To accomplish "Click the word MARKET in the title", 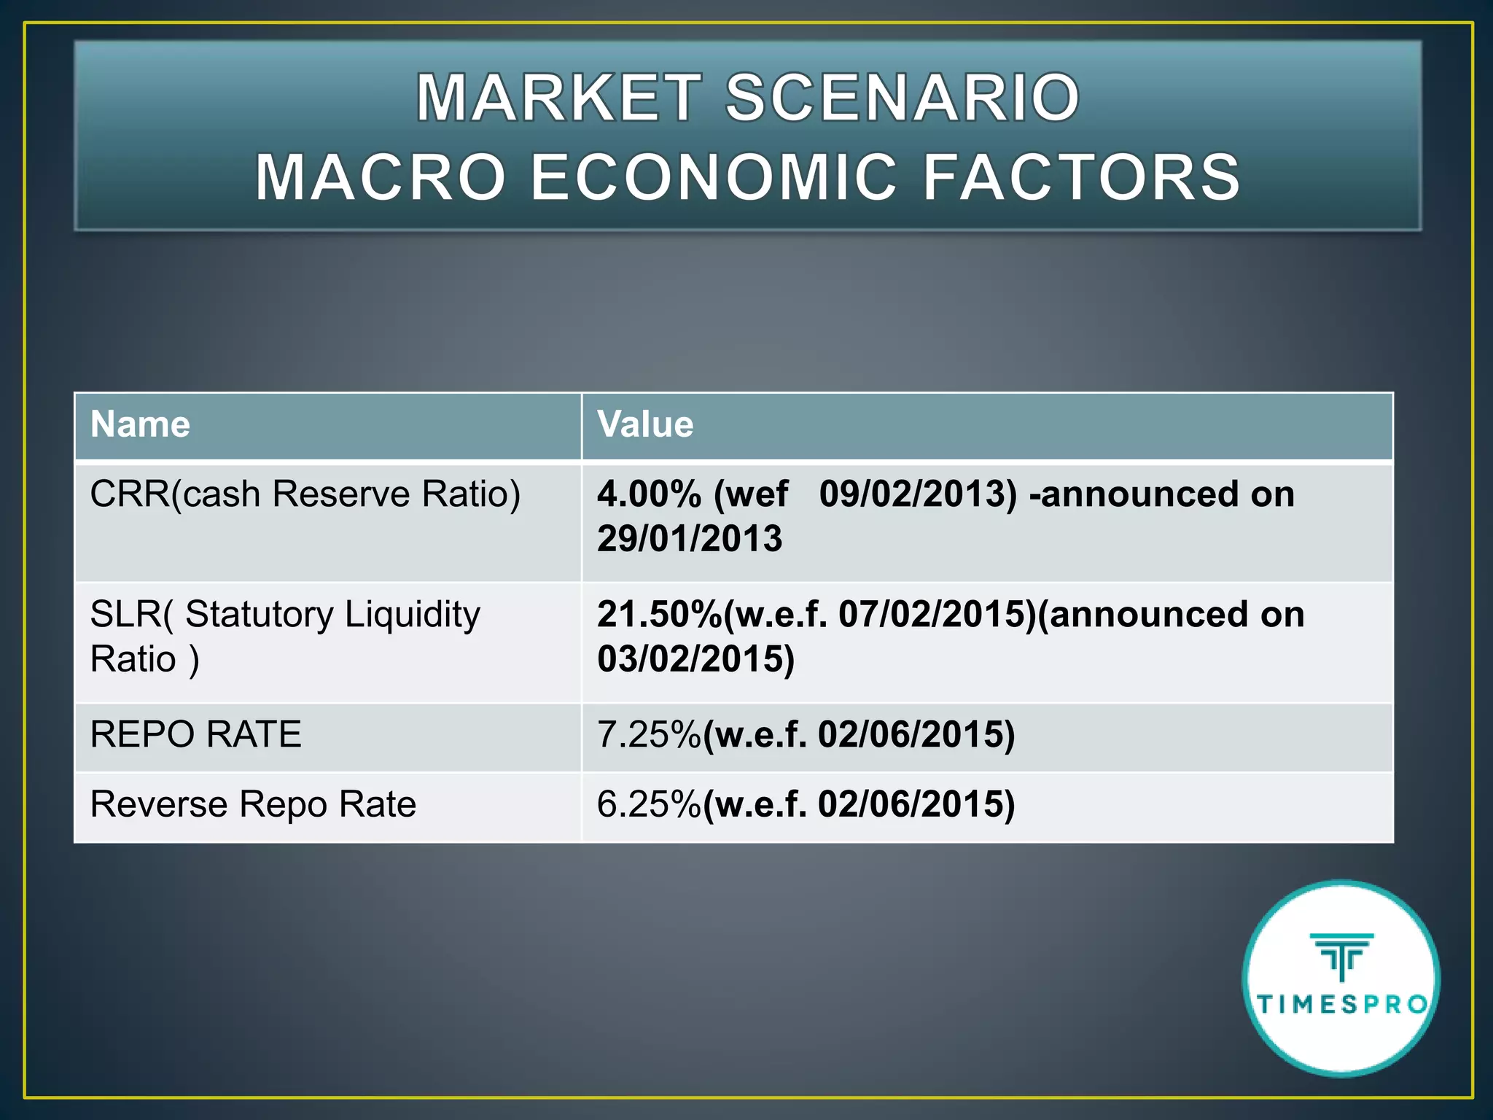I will tap(558, 98).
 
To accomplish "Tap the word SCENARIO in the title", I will tap(903, 98).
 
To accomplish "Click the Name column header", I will tap(140, 424).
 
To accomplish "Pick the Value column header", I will tap(645, 424).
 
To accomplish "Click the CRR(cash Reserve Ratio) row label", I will tap(305, 494).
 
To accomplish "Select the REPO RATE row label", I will tap(195, 734).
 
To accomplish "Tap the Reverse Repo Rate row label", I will tap(253, 804).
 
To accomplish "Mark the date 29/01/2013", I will tap(690, 539).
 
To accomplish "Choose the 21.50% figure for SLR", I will tap(659, 615).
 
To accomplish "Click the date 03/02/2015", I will tap(695, 659).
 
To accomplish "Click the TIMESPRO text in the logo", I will tap(1342, 1005).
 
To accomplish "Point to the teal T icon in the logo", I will tap(1341, 955).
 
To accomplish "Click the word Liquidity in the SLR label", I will tap(412, 615).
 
